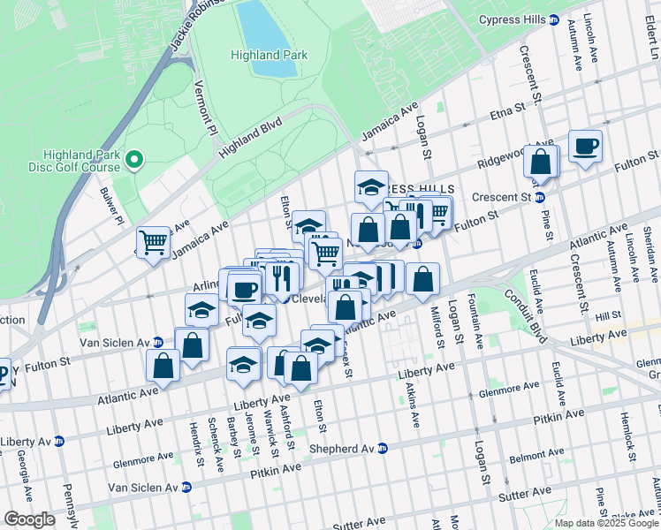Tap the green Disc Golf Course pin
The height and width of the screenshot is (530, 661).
(x=134, y=160)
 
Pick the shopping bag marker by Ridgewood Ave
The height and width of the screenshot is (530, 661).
(x=541, y=162)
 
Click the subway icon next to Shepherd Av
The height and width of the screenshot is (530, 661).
(x=383, y=448)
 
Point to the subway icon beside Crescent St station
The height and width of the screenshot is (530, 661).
(x=538, y=196)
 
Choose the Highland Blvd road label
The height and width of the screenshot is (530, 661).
(x=250, y=139)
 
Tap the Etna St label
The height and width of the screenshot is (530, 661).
(x=507, y=113)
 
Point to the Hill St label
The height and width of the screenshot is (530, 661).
(x=609, y=315)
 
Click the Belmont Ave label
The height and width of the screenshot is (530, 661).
(x=536, y=458)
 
